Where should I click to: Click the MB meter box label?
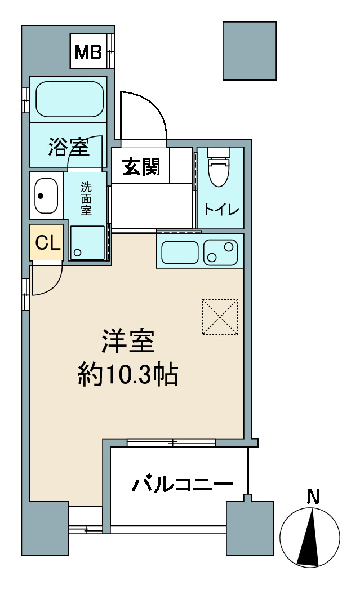coord(88,52)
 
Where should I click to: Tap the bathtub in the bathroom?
coord(69,99)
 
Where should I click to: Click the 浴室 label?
coord(69,147)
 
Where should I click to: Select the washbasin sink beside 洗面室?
coord(46,196)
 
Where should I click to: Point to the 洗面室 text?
coord(86,199)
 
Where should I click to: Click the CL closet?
coord(47,242)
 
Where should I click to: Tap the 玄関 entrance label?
coord(141,166)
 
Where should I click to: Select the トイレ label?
coord(221,209)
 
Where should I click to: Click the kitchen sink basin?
coord(180,253)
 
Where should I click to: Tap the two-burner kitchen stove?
coord(221,253)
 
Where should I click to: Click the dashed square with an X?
coord(220,316)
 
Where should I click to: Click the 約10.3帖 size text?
coord(128,374)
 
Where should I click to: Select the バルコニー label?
coord(183,485)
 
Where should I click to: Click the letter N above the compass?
coord(313,497)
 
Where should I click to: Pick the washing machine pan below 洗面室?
coord(87,243)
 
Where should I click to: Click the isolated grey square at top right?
coord(250,51)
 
